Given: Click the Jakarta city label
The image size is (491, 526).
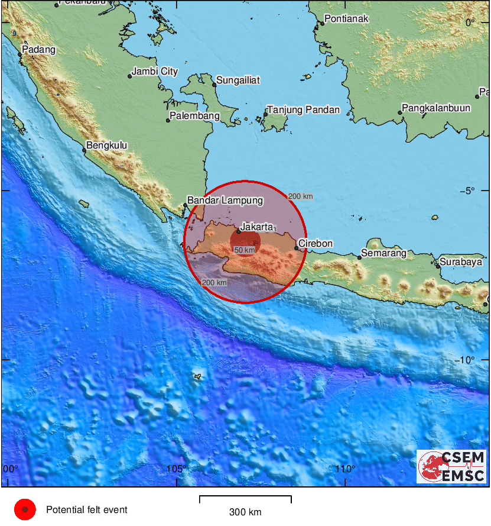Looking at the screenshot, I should (256, 227).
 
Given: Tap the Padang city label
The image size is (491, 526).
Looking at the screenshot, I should (39, 50).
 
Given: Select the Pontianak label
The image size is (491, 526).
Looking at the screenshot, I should (347, 18).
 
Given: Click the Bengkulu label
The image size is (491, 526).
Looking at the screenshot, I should (106, 146).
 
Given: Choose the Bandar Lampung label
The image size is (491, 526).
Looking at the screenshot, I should (225, 201).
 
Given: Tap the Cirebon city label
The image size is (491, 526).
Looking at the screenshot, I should (316, 243).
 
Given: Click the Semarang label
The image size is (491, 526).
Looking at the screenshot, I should (385, 253).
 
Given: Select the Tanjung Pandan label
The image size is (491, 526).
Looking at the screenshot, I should (304, 110).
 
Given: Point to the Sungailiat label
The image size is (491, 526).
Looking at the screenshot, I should (239, 80).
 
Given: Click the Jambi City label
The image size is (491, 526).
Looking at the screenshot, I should (155, 72).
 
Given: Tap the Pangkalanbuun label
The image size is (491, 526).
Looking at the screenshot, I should (436, 108).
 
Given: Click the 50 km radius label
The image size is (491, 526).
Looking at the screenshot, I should (245, 250).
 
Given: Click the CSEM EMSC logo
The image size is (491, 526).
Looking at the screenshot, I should (452, 466).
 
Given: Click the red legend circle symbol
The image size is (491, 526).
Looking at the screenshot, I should (25, 509).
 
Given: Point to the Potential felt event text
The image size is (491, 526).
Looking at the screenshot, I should (87, 509).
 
